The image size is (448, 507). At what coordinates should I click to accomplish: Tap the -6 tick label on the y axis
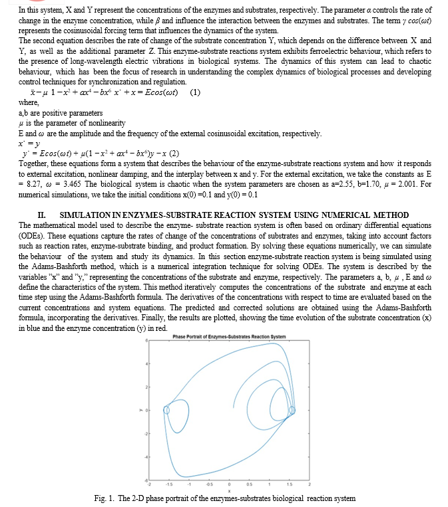pyautogui.click(x=146, y=480)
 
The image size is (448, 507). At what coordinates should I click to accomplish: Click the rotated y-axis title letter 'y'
pyautogui.click(x=140, y=409)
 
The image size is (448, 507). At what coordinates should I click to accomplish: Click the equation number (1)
pyautogui.click(x=195, y=92)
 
